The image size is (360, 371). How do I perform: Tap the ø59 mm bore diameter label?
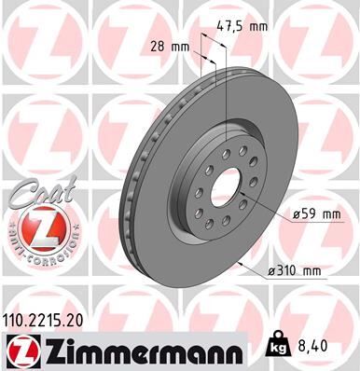pos(318,215)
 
